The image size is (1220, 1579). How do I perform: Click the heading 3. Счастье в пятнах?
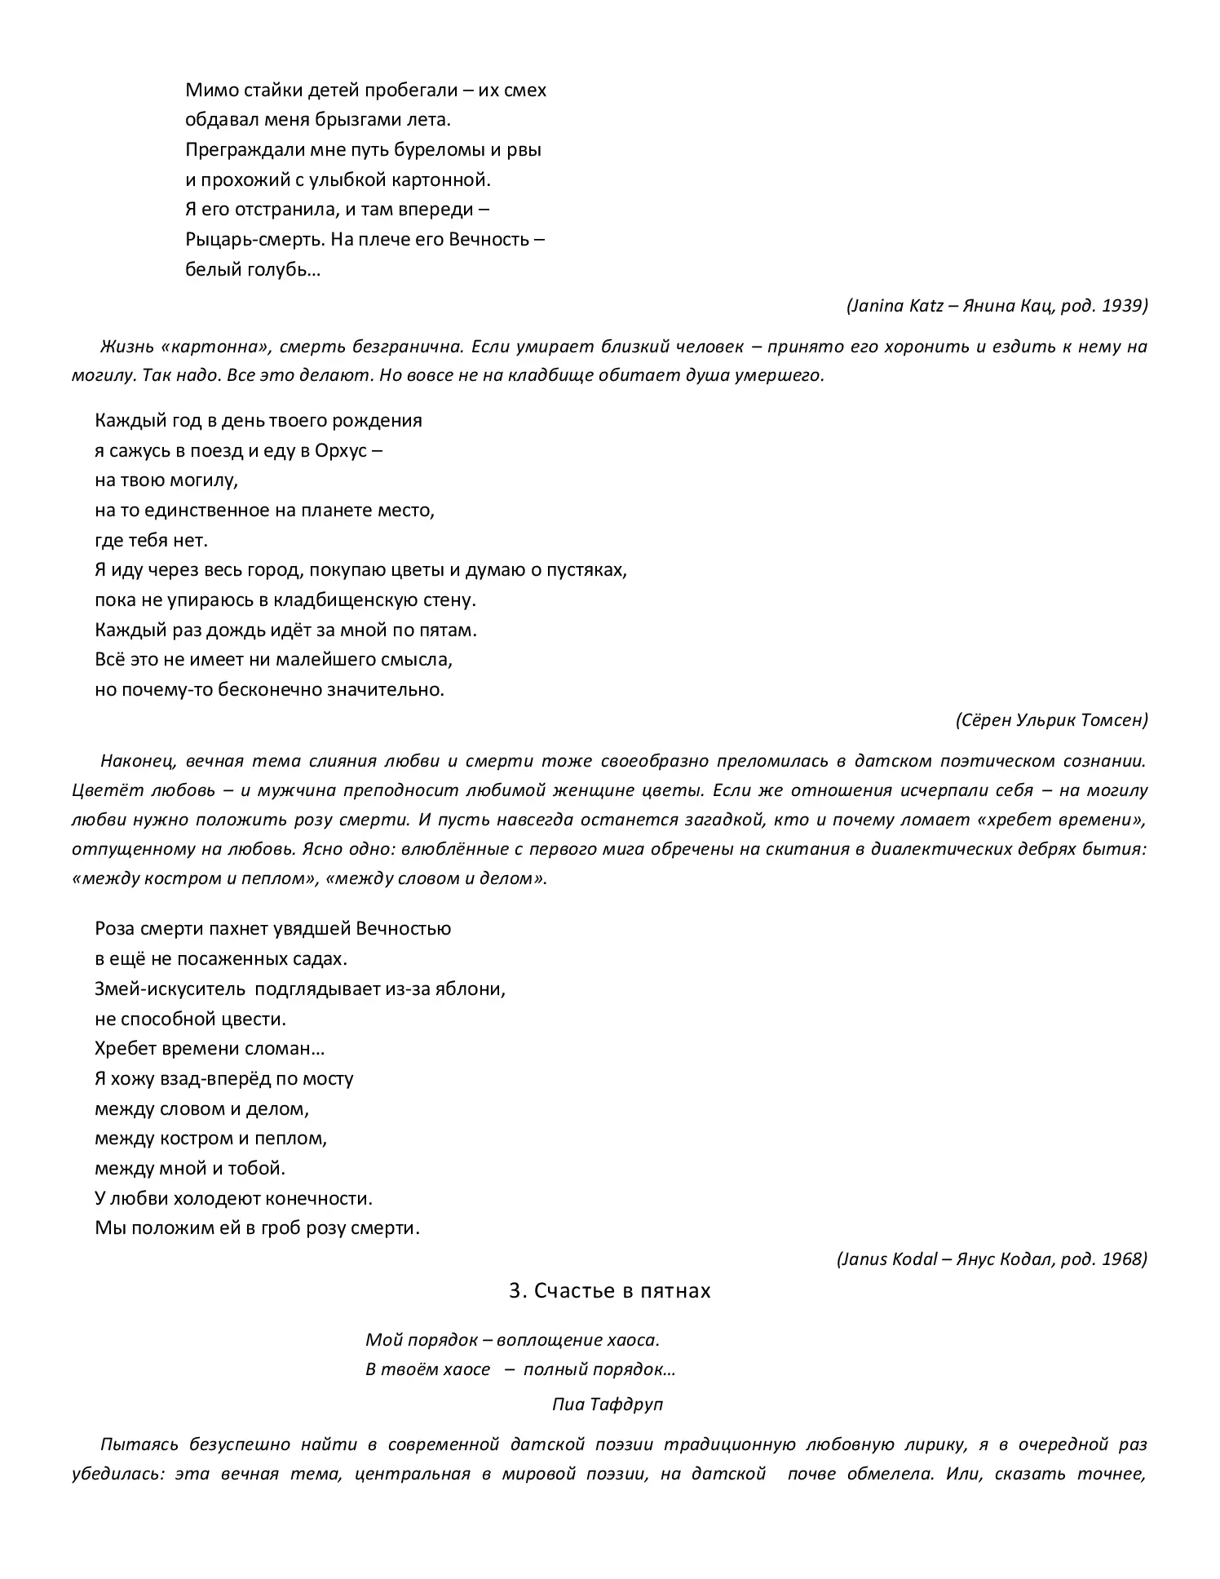pyautogui.click(x=609, y=1291)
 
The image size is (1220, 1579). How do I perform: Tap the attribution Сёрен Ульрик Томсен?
pyautogui.click(x=1050, y=719)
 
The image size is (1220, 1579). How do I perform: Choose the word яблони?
pyautogui.click(x=477, y=989)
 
